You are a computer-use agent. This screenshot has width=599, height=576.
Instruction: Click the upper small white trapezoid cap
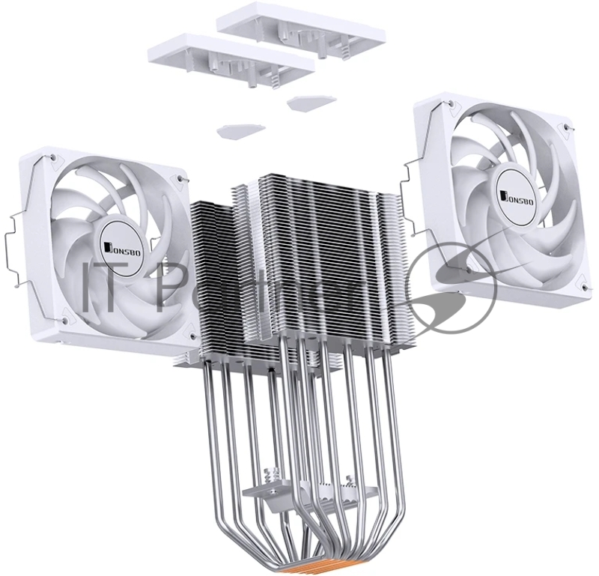point(306,103)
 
